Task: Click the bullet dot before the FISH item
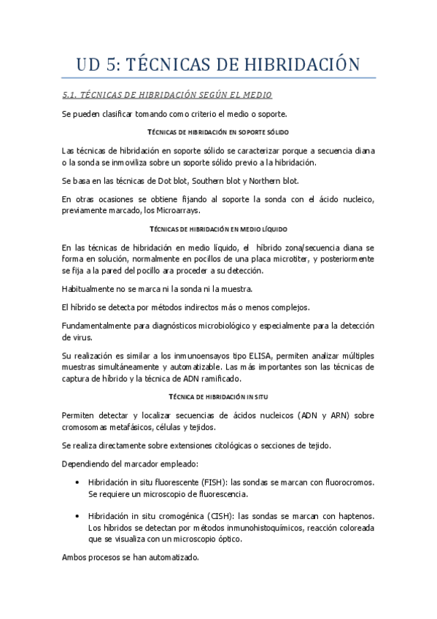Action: coord(77,482)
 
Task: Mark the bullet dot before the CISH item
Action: coord(77,515)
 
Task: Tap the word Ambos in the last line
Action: coord(75,557)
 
